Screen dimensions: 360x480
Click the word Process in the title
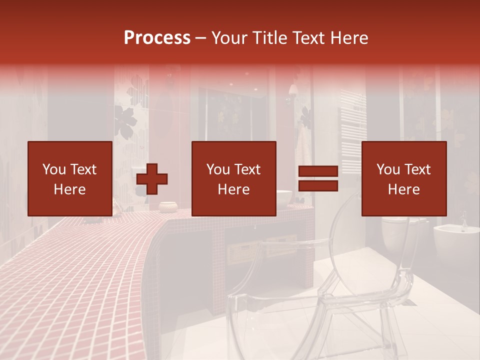click(157, 38)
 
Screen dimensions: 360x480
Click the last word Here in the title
click(349, 38)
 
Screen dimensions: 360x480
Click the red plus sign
click(152, 178)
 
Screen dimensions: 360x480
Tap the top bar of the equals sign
click(318, 171)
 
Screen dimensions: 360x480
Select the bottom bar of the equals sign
click(318, 186)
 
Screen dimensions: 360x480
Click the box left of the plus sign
click(69, 178)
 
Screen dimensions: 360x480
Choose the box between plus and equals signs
click(233, 178)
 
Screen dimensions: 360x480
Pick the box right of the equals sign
click(403, 178)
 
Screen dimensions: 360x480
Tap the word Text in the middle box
click(247, 169)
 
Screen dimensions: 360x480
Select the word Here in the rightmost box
click(403, 189)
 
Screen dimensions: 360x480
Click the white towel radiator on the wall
click(352, 130)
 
